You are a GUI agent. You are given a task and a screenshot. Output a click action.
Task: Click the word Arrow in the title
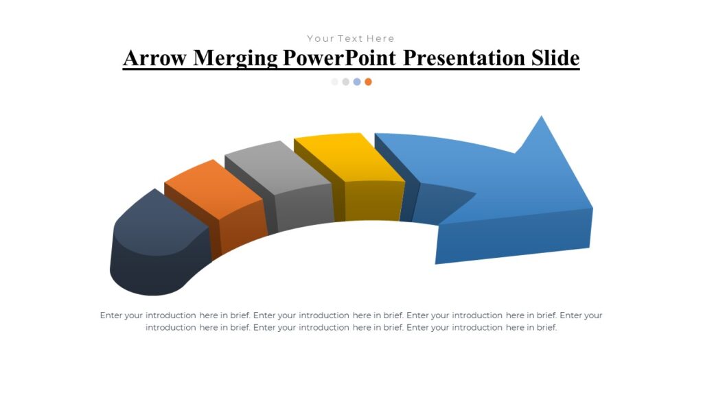pyautogui.click(x=155, y=58)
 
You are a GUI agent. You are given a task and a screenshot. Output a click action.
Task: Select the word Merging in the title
pyautogui.click(x=235, y=58)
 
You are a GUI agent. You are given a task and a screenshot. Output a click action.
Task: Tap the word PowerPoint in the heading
pyautogui.click(x=340, y=58)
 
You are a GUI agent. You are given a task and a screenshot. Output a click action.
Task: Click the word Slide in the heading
pyautogui.click(x=555, y=58)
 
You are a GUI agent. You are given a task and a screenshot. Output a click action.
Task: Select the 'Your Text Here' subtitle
pyautogui.click(x=351, y=38)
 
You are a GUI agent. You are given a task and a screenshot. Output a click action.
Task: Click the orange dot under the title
pyautogui.click(x=368, y=82)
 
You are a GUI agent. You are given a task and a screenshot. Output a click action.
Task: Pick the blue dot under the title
pyautogui.click(x=357, y=82)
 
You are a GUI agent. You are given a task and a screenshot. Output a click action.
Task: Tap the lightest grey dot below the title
pyautogui.click(x=335, y=82)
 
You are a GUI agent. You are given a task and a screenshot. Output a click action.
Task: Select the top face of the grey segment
pyautogui.click(x=278, y=167)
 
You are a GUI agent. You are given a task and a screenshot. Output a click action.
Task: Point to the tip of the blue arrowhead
pyautogui.click(x=542, y=117)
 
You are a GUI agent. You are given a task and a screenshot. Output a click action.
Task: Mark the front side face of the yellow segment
pyautogui.click(x=373, y=201)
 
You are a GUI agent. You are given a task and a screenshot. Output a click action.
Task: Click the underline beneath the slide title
pyautogui.click(x=351, y=69)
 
